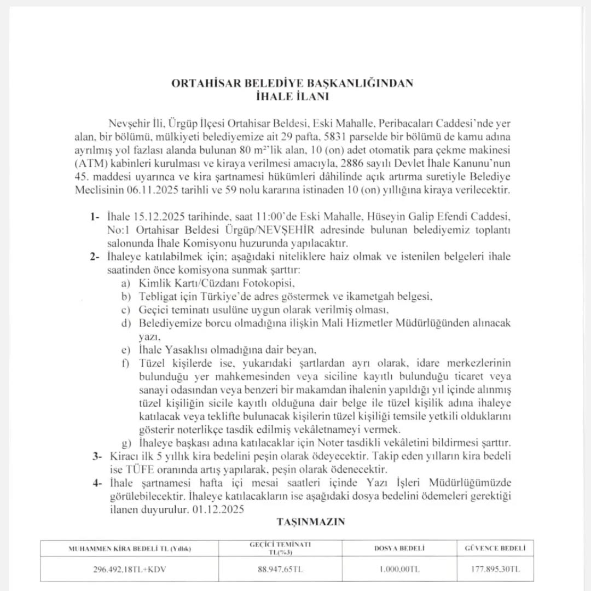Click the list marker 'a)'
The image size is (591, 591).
click(x=126, y=283)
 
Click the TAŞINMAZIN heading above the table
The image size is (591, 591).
click(x=311, y=522)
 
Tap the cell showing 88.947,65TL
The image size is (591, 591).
click(x=280, y=569)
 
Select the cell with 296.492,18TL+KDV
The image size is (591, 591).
click(x=130, y=569)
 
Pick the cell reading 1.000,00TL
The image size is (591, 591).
click(x=399, y=569)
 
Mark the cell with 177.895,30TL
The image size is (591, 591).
click(x=495, y=569)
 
